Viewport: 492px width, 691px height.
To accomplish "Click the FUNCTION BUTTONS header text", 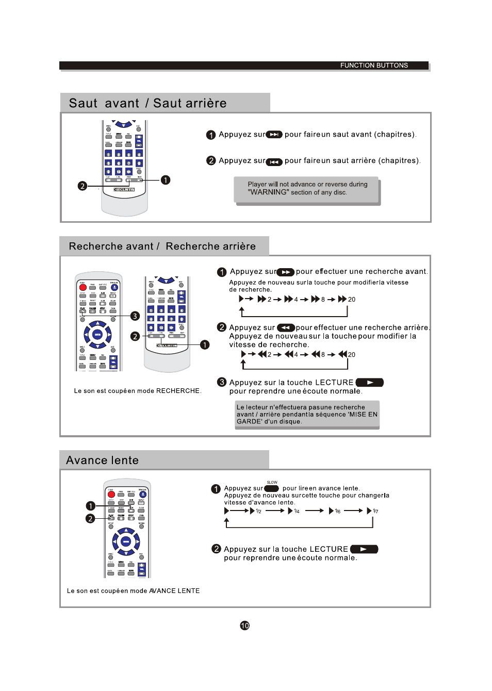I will click(374, 65).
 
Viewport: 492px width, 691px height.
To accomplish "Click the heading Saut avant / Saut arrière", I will click(148, 103).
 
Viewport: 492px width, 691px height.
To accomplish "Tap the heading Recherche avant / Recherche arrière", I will click(162, 246).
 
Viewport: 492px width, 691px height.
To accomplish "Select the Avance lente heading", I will click(102, 460).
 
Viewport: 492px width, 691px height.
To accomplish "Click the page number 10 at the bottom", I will click(245, 626).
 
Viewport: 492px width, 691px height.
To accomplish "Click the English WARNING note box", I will click(307, 189).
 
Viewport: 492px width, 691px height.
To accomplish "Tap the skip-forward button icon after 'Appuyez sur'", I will click(274, 135).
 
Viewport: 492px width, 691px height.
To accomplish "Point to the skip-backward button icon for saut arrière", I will click(274, 161).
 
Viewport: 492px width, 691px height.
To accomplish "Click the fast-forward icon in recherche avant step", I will click(286, 272).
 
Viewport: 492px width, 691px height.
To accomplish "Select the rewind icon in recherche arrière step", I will click(286, 328).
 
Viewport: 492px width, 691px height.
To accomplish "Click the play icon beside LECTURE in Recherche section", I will click(370, 383).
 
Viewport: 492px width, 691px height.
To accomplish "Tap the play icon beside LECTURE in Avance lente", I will click(364, 549).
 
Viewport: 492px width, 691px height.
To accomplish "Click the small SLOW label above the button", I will click(272, 483).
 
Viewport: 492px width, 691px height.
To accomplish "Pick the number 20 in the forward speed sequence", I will click(352, 300).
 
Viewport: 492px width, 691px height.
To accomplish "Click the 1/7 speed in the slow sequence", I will click(375, 512).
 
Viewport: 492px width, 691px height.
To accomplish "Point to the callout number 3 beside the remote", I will click(135, 316).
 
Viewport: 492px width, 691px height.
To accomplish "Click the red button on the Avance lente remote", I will click(111, 495).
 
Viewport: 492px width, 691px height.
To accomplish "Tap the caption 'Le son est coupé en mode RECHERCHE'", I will click(137, 391).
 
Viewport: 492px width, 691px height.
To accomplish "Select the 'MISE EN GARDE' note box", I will click(307, 415).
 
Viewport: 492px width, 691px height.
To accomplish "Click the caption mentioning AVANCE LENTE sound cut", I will click(133, 591).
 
